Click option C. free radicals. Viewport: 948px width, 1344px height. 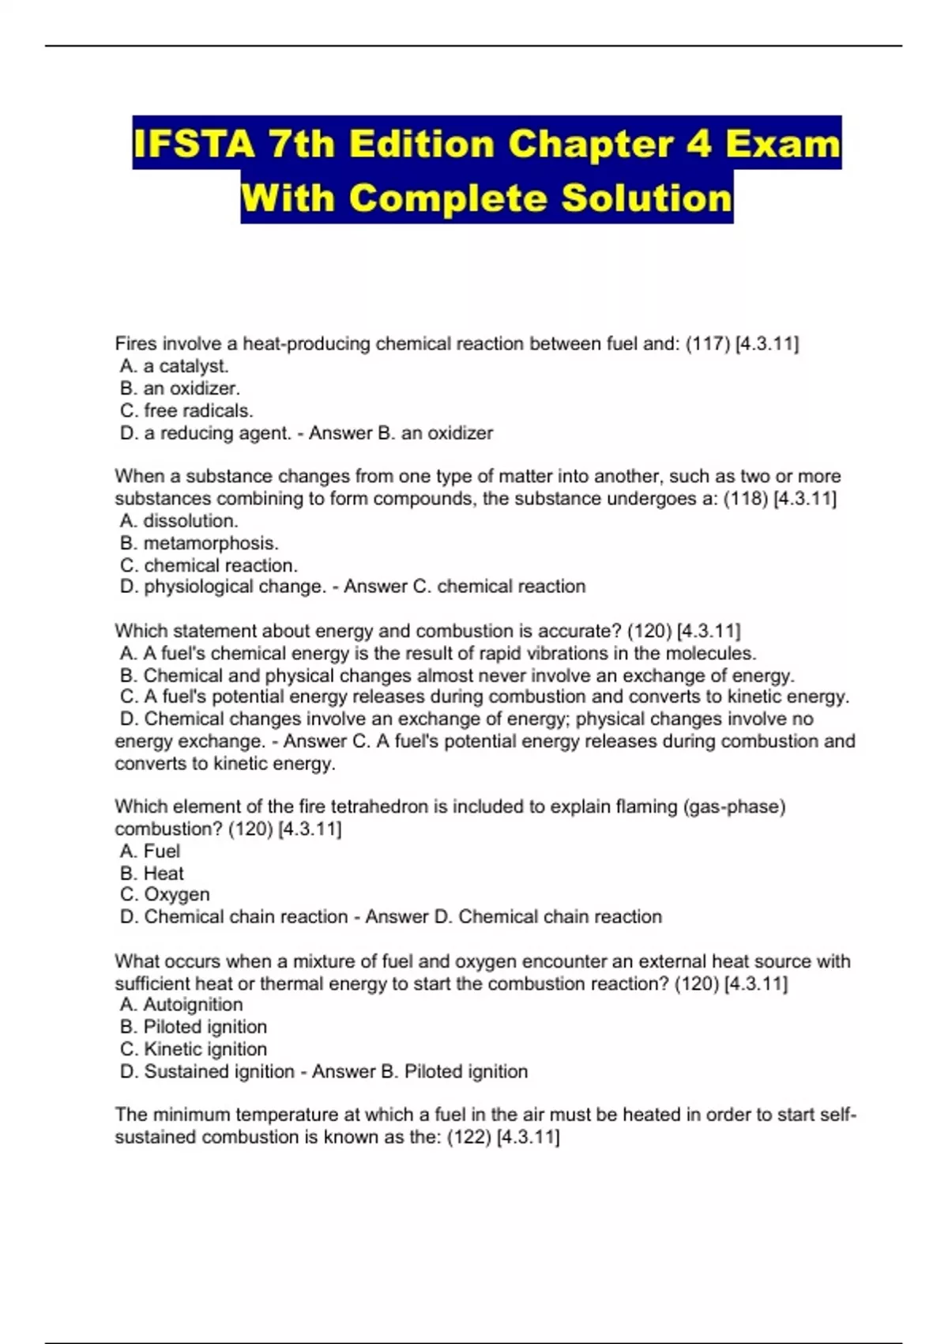[x=186, y=410]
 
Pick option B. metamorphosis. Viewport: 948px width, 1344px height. [x=199, y=543]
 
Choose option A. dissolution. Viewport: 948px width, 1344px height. [x=179, y=521]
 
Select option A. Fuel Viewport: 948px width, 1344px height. [x=150, y=851]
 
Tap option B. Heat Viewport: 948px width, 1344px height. [x=152, y=873]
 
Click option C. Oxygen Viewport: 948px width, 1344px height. [x=164, y=894]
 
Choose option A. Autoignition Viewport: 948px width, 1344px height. [x=181, y=1004]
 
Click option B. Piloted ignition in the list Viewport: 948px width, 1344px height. [x=193, y=1026]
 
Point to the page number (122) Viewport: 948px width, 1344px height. [x=468, y=1137]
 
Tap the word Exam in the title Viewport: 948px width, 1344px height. [x=782, y=144]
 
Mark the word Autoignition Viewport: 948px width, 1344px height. [x=193, y=1004]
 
